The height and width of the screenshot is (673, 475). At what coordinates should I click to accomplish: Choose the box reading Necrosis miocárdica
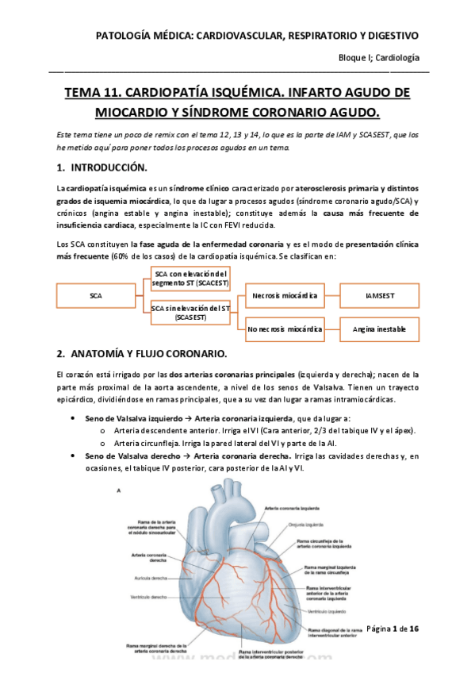tap(285, 296)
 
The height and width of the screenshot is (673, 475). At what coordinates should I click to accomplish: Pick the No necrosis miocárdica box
tap(285, 328)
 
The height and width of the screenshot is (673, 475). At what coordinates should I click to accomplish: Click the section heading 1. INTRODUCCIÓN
tap(102, 168)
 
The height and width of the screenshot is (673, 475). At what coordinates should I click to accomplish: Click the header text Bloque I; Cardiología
tap(379, 58)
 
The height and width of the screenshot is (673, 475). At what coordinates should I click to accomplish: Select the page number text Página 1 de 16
tap(397, 629)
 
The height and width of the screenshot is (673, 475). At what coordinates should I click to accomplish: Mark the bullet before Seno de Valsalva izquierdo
tap(74, 418)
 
